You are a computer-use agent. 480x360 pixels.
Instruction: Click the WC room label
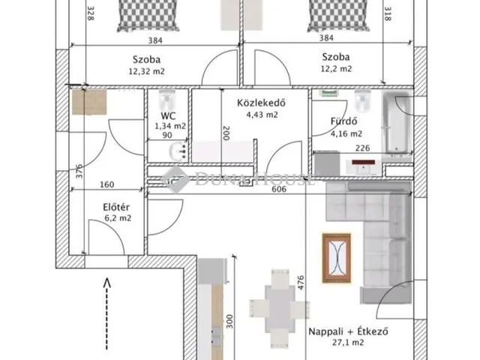point(168,116)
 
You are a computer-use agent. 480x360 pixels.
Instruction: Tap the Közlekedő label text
point(262,103)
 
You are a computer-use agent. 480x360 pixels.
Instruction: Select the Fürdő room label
point(343,121)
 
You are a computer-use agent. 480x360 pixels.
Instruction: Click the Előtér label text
point(116,207)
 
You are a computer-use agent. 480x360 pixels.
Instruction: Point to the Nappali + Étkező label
point(348,331)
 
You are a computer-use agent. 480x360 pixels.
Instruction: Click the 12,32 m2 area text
point(147,71)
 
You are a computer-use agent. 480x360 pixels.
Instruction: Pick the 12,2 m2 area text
point(336,69)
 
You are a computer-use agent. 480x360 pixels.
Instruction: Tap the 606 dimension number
point(279,189)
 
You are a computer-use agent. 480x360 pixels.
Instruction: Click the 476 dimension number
point(301,283)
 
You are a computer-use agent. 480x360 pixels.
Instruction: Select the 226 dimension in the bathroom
point(363,148)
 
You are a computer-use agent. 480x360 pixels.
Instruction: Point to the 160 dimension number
point(107,184)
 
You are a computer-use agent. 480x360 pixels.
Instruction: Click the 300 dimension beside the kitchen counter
point(229,322)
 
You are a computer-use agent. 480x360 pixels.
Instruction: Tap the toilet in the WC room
point(167,100)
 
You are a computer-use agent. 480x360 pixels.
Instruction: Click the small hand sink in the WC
point(178,151)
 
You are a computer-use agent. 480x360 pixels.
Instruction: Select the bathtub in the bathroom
point(397,122)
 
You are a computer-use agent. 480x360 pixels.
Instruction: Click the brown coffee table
point(337,258)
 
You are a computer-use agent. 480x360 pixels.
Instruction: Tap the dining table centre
point(280,308)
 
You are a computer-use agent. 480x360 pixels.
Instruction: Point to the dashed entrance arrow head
point(106,282)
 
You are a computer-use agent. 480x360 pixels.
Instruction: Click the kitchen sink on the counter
point(216,335)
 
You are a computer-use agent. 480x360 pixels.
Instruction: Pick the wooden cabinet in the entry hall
point(89,102)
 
